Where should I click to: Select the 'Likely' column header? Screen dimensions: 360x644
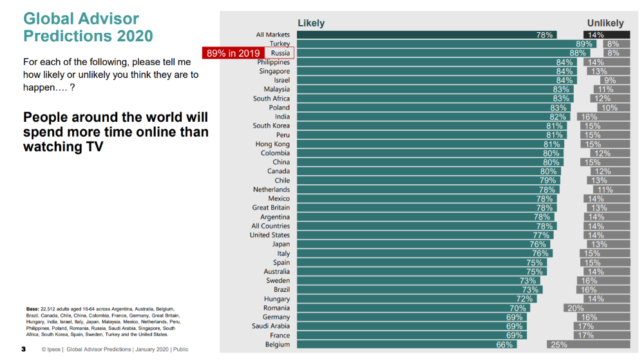(311, 23)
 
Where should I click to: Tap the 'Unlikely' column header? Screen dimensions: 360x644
(605, 23)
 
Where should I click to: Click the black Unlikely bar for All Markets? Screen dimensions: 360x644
(607, 35)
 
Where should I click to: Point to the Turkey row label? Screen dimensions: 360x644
(279, 44)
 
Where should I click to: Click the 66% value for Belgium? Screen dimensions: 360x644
(504, 345)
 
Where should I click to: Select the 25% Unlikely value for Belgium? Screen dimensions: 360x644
(558, 345)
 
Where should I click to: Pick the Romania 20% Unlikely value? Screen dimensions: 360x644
(574, 308)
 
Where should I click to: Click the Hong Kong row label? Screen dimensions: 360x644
(272, 144)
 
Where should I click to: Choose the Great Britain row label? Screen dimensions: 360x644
(271, 208)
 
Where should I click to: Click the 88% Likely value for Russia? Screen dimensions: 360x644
(578, 53)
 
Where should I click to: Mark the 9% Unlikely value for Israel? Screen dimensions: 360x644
(610, 81)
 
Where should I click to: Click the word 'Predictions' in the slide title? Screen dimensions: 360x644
(61, 35)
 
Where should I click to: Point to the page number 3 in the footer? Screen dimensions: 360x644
(24, 350)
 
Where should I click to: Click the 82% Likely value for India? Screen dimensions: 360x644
(558, 117)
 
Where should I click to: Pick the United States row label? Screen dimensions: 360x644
(270, 235)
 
